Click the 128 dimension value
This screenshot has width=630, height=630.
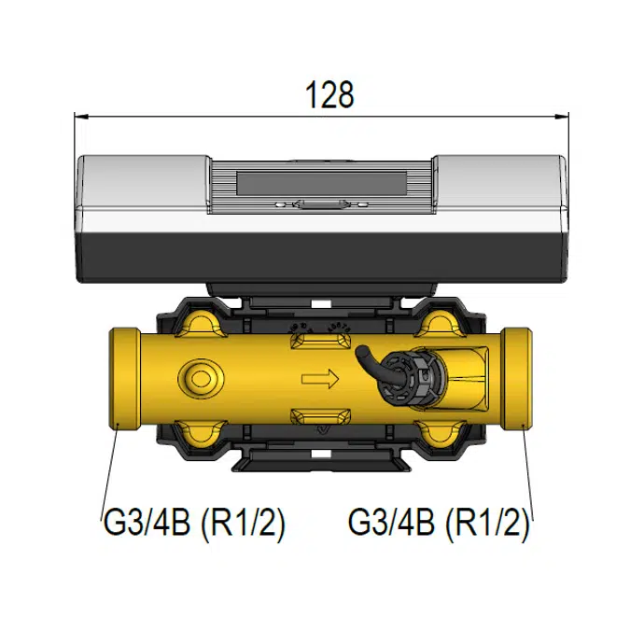[x=329, y=95]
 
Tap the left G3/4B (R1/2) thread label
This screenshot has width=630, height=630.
[x=194, y=524]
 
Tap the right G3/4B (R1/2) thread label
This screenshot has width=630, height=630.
[x=439, y=524]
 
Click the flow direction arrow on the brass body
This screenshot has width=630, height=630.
[x=320, y=379]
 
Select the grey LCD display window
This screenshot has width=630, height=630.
[x=321, y=184]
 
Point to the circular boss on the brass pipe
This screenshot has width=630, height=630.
[x=200, y=379]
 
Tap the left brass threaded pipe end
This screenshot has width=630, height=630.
[x=124, y=379]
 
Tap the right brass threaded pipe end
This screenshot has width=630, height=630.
[x=517, y=379]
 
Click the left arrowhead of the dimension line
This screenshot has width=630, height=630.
[x=81, y=117]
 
